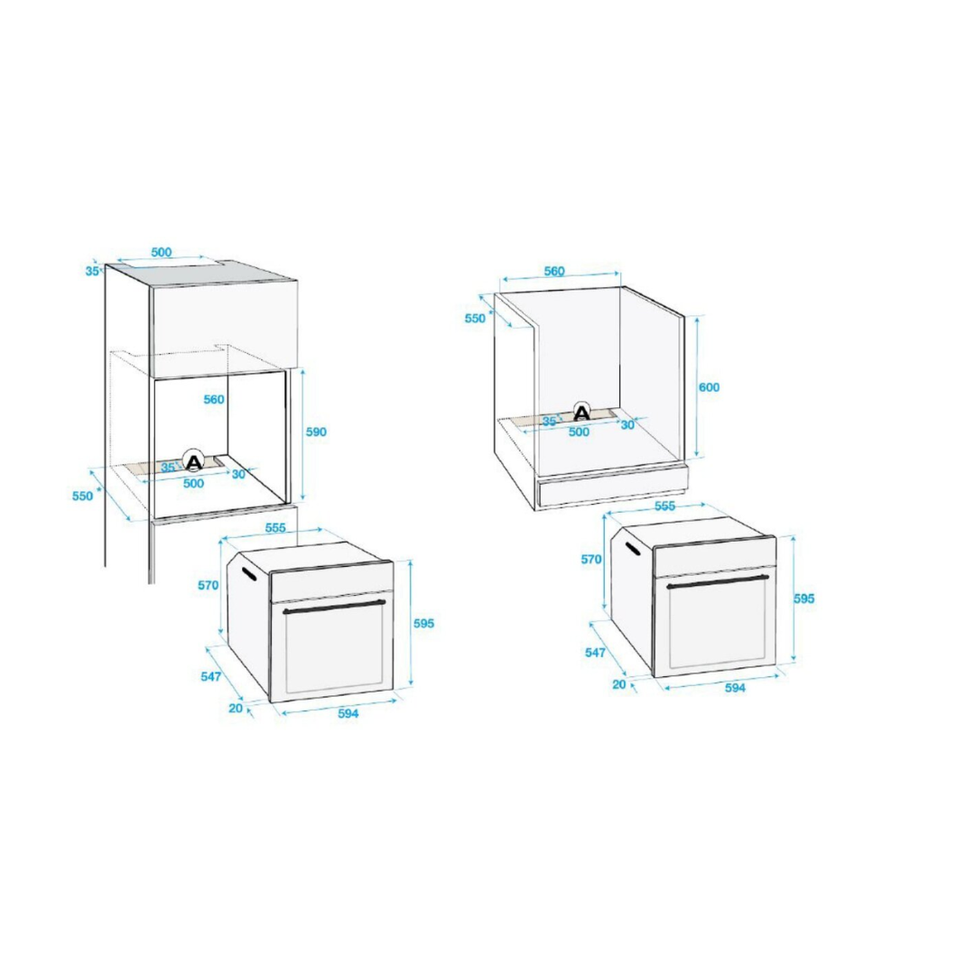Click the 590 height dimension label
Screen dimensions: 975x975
coord(316,432)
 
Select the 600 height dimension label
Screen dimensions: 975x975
coord(709,387)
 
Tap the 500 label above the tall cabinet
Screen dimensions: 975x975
coord(161,252)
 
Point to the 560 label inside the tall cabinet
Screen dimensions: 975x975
coord(214,399)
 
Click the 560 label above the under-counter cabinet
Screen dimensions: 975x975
coord(554,271)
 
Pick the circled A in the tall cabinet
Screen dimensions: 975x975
coord(194,460)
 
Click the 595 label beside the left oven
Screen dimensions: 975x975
coord(424,623)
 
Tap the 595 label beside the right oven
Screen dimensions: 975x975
coord(804,599)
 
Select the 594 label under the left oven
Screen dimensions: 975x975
coord(348,713)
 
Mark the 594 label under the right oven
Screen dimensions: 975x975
coord(735,688)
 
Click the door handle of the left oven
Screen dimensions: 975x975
coord(335,607)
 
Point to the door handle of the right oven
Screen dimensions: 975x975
coord(718,581)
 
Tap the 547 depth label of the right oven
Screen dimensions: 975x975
coord(595,653)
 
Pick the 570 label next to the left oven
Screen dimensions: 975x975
coord(209,585)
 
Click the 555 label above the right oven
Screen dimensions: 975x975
coord(664,506)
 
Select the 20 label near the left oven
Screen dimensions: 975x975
coord(236,709)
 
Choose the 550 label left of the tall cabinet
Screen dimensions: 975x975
coord(83,496)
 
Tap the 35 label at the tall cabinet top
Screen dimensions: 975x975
coord(93,271)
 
